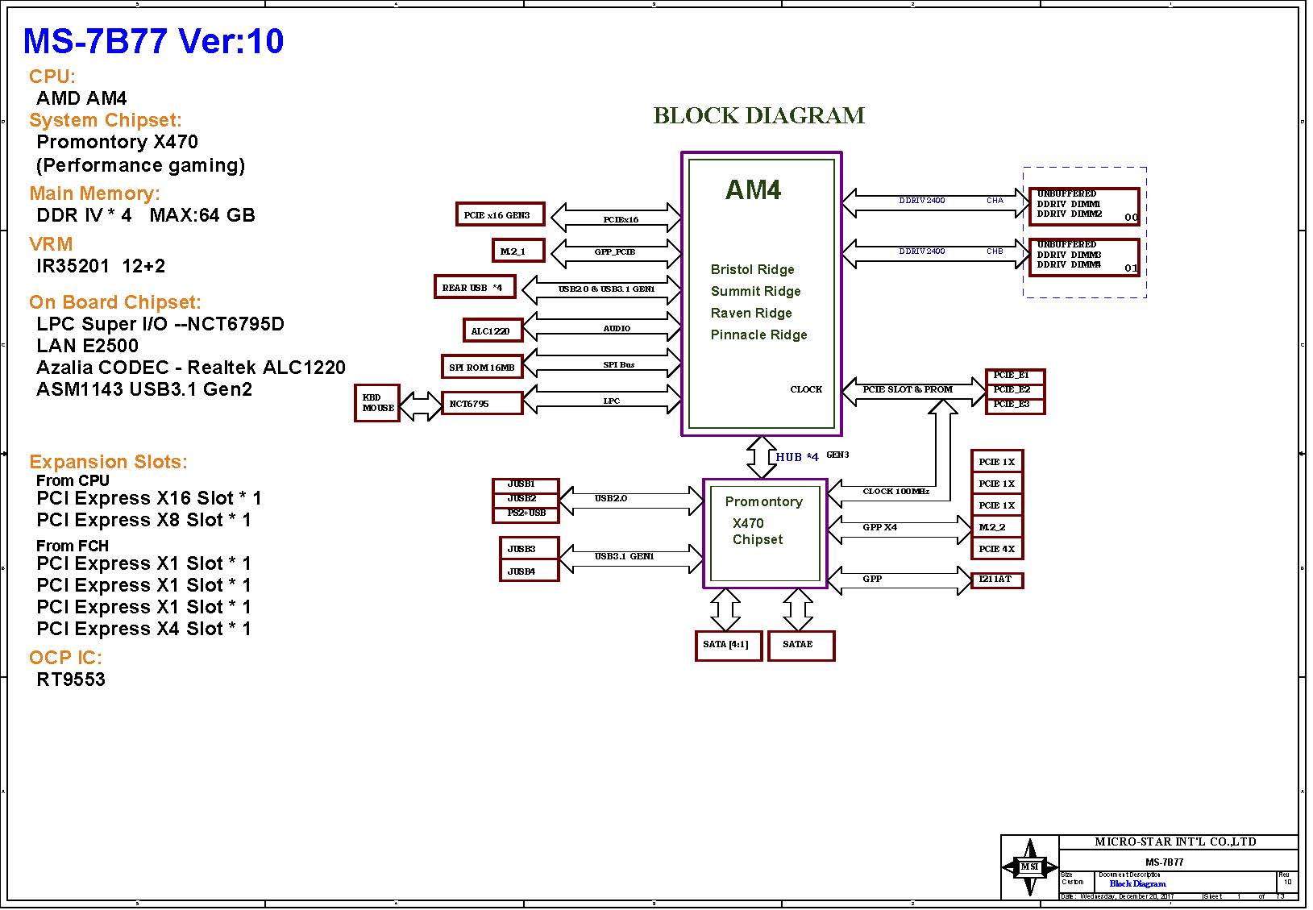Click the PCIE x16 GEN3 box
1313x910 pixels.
coord(500,214)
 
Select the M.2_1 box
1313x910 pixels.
coord(518,251)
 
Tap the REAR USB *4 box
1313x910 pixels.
coord(474,287)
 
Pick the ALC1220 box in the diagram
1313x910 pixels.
coord(492,330)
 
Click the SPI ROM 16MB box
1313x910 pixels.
coord(482,367)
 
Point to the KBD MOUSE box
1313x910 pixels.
coord(377,402)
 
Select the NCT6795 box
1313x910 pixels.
coord(482,403)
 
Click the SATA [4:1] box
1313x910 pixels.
coord(728,645)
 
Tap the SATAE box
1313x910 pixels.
coord(800,645)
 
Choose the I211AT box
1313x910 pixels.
coord(996,580)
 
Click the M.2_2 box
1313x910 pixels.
coord(996,527)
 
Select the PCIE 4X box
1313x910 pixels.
coord(996,549)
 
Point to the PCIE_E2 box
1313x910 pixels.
coord(1014,390)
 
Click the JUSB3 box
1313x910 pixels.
coord(529,549)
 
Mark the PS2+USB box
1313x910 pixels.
coord(526,513)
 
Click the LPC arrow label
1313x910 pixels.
coord(612,401)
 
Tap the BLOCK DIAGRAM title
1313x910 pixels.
coord(758,116)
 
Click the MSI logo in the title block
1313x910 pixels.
coord(1029,866)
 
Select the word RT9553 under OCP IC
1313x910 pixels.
coord(71,679)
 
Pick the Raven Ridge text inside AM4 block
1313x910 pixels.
coord(751,313)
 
